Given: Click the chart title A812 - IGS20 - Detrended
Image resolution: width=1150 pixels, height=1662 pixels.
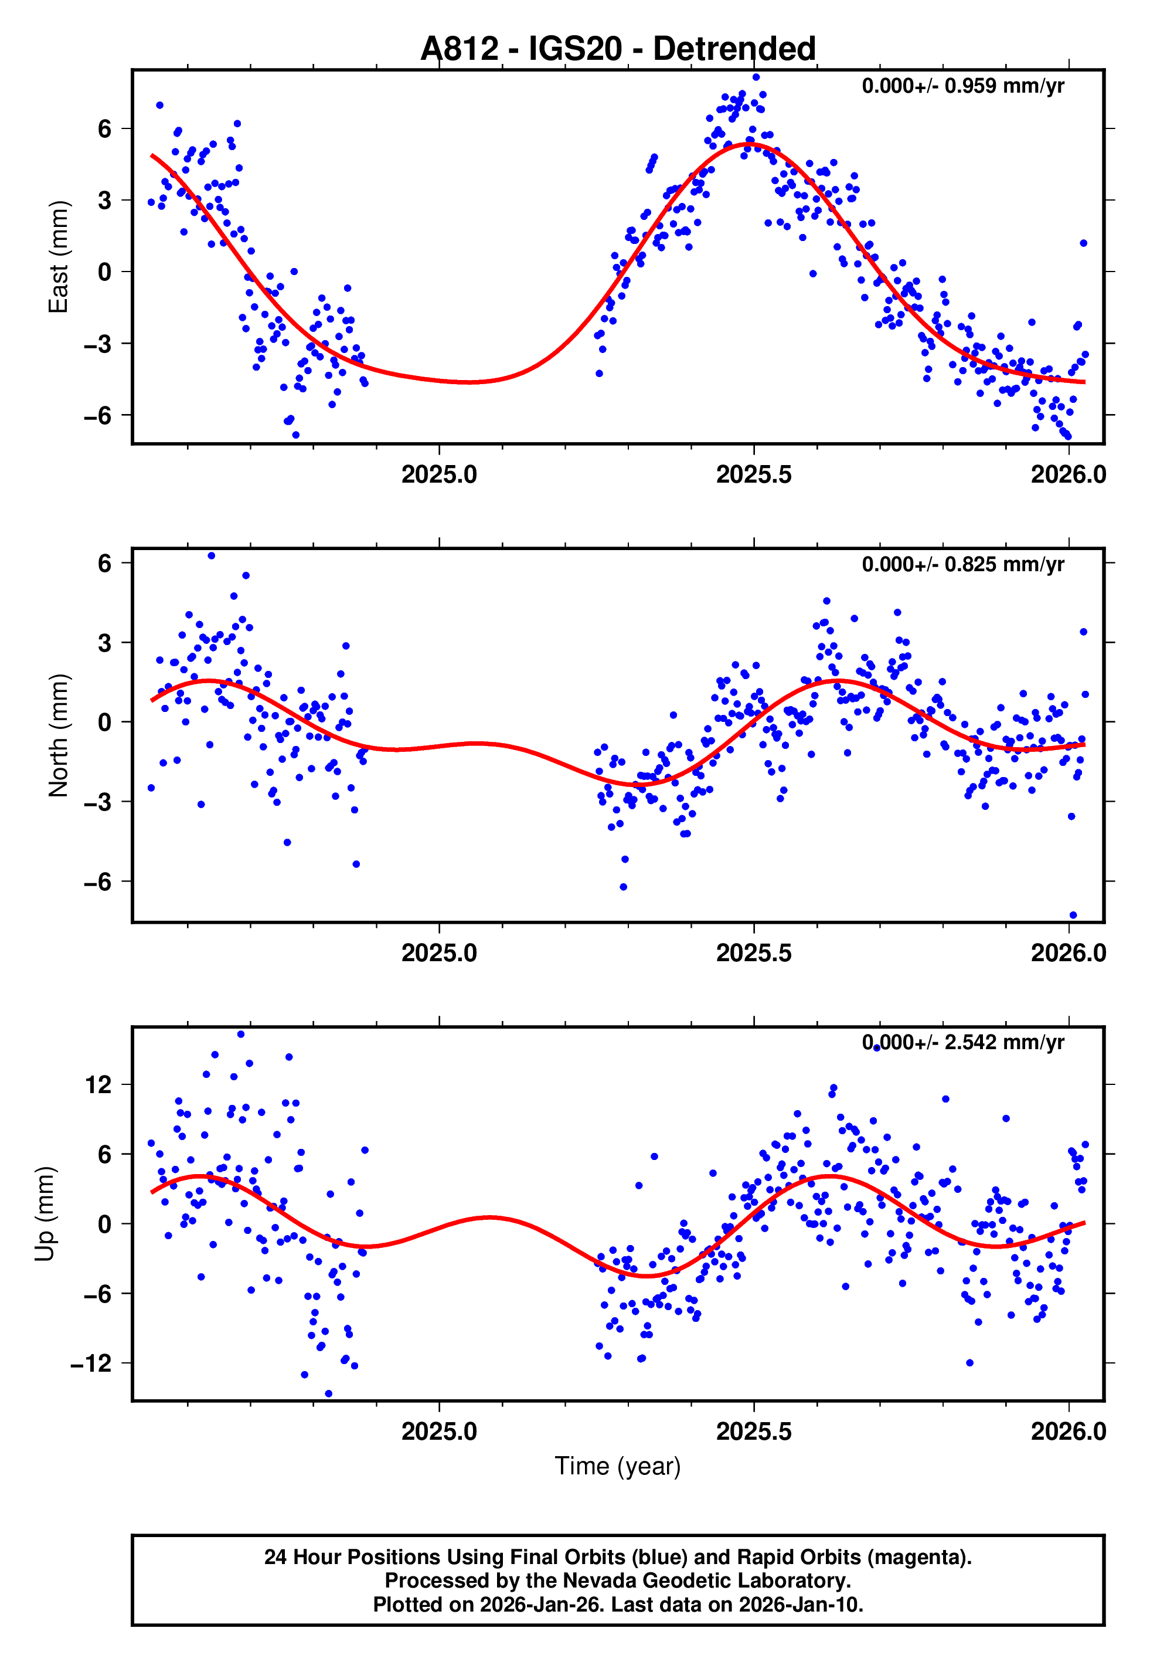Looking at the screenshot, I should [x=618, y=49].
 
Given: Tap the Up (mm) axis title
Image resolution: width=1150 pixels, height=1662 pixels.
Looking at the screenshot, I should [x=45, y=1213].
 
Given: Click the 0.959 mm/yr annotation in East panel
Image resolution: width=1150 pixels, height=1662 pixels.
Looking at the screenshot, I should [x=962, y=86].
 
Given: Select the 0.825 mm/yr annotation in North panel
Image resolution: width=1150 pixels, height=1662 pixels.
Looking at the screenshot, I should [x=962, y=564].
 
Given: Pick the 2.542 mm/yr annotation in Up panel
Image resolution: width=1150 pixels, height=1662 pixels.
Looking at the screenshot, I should [x=962, y=1042].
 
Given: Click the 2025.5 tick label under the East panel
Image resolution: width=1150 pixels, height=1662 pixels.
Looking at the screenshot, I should [x=754, y=475].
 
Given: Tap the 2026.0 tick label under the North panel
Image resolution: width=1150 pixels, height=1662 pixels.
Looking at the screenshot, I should [x=1068, y=953].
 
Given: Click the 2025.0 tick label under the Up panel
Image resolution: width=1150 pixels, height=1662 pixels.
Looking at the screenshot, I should [x=439, y=1431].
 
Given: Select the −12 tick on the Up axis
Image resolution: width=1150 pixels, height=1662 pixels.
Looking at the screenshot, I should [x=91, y=1363].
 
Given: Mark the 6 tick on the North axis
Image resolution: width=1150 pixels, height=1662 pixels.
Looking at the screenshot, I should [x=105, y=564].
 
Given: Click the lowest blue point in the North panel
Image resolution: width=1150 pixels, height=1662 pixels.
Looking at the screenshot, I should [x=1073, y=915].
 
